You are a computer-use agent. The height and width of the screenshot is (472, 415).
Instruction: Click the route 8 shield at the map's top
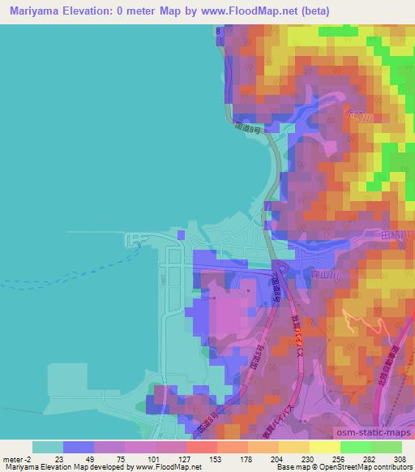pos(218,30)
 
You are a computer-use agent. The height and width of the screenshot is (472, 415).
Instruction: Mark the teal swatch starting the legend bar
pos(47,447)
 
